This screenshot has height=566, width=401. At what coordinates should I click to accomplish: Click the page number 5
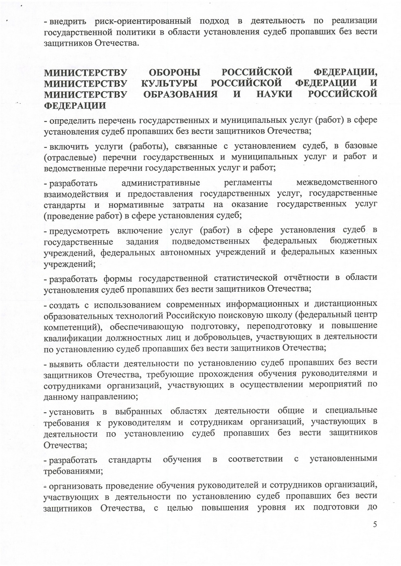(x=375, y=524)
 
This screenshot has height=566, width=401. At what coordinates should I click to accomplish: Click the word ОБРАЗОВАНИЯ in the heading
(x=181, y=94)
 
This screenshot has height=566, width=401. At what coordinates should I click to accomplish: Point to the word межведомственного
(x=337, y=182)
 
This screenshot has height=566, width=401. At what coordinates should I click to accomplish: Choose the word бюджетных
(x=353, y=241)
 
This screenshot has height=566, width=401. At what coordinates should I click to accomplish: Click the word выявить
(x=66, y=363)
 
